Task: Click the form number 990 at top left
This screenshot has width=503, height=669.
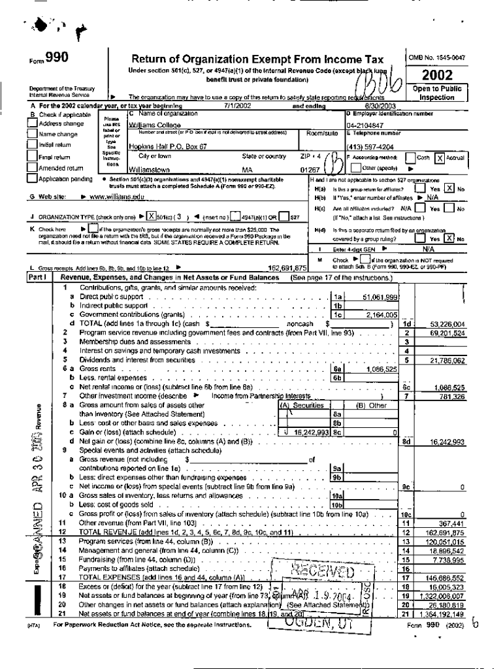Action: (x=56, y=59)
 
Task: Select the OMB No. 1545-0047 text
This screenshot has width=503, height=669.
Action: (x=437, y=58)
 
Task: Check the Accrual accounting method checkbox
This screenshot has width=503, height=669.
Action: (x=440, y=157)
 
